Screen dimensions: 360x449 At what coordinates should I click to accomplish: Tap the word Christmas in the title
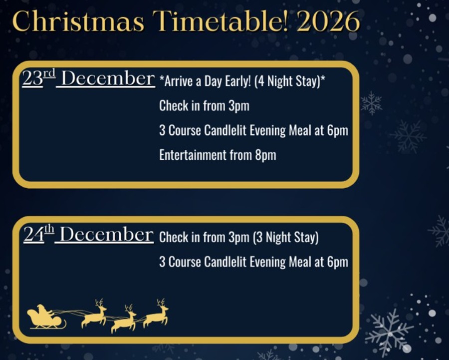[78, 21]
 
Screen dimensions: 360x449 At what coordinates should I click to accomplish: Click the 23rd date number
[38, 79]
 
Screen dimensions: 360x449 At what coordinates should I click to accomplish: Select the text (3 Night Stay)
[285, 237]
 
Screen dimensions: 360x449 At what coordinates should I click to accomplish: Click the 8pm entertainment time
[265, 155]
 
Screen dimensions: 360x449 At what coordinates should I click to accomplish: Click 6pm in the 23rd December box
[338, 131]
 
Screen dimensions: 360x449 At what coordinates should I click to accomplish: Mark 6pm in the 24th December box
[338, 262]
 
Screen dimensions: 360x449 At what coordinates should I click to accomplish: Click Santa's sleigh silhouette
[45, 318]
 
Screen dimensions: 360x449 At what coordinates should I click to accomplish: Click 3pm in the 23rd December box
[239, 106]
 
